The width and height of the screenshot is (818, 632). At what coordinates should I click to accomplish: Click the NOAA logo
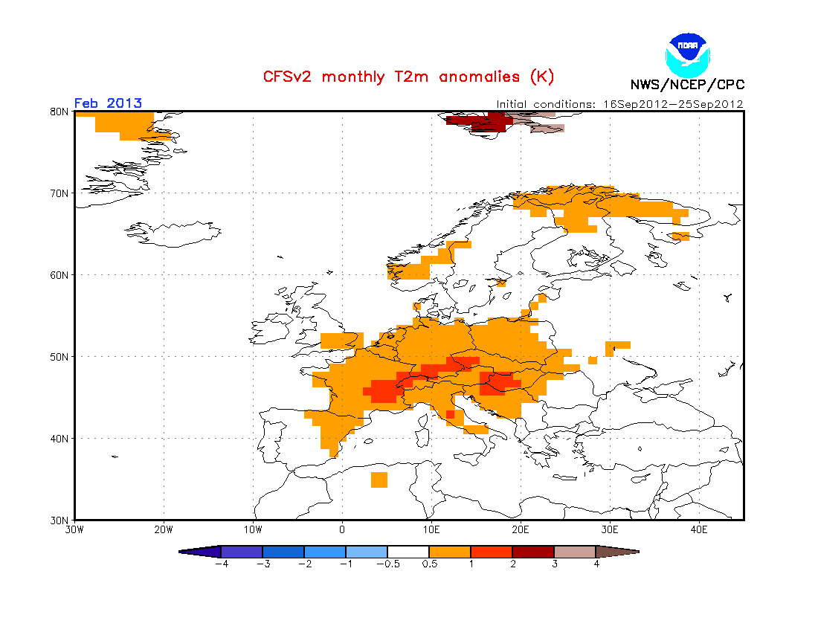click(x=688, y=55)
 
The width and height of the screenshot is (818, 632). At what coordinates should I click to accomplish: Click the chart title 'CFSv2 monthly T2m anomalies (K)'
click(x=408, y=77)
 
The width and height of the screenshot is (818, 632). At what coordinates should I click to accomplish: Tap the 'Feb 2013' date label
click(x=108, y=103)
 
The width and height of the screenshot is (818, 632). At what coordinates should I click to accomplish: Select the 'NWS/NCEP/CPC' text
click(x=687, y=85)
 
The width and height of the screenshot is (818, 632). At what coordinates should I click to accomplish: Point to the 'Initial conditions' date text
click(x=619, y=104)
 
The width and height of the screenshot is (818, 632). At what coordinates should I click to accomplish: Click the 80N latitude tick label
click(x=59, y=112)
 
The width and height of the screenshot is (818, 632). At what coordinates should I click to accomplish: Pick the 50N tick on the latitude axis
click(x=59, y=357)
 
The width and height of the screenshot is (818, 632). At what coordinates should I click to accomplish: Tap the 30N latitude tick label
click(x=59, y=520)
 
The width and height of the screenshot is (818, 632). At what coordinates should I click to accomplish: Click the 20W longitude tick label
click(x=164, y=530)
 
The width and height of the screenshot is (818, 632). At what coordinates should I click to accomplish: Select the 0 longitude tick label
click(x=342, y=530)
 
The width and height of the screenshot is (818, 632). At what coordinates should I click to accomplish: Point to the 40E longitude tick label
click(x=699, y=530)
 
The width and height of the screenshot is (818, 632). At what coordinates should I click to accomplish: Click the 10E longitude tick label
click(x=431, y=530)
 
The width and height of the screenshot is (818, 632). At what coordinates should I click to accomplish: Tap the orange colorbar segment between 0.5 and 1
click(x=450, y=552)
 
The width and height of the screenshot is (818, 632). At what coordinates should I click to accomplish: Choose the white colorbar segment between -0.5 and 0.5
click(x=408, y=552)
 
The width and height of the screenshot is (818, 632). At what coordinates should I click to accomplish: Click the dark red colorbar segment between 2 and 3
click(x=533, y=552)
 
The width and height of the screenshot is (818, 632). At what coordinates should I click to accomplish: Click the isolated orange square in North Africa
click(x=379, y=480)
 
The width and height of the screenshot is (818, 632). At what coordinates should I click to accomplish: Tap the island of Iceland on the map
click(x=173, y=233)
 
